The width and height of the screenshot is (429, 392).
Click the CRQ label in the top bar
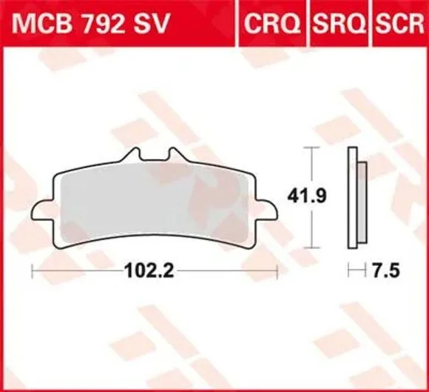[271, 24]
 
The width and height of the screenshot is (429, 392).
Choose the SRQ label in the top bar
[340, 24]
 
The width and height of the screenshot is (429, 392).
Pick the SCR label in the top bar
[400, 24]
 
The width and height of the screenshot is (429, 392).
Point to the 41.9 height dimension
[307, 196]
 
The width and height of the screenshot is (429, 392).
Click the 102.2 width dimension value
[149, 270]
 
